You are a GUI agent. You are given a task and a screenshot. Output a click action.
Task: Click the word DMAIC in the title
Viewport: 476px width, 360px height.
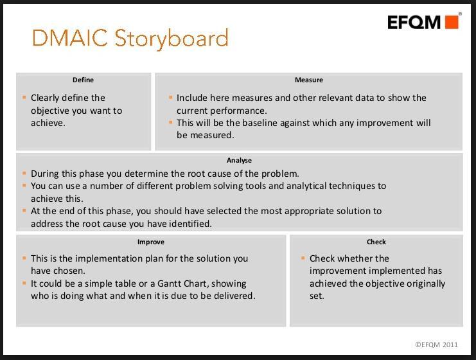click(x=69, y=38)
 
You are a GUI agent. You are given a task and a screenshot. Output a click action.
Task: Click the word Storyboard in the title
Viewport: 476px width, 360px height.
click(x=172, y=39)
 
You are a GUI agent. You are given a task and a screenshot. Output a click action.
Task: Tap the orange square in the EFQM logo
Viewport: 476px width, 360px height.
click(x=452, y=22)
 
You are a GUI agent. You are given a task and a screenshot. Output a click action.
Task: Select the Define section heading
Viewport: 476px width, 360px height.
click(x=83, y=80)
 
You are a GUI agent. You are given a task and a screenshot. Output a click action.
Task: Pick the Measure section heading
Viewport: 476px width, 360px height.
click(x=309, y=80)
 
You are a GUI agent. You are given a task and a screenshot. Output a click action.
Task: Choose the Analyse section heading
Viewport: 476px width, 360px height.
click(x=239, y=161)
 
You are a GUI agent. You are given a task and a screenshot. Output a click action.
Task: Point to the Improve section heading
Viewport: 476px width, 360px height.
click(x=151, y=242)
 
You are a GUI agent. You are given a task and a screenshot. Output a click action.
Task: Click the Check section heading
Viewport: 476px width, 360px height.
click(x=376, y=242)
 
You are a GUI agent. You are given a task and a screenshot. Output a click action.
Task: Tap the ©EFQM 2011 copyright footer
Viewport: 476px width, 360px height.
click(x=436, y=345)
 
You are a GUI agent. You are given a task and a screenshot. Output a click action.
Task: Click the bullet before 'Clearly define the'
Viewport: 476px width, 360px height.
click(x=24, y=97)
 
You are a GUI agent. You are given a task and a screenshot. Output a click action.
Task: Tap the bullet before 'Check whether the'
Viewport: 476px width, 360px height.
click(x=303, y=258)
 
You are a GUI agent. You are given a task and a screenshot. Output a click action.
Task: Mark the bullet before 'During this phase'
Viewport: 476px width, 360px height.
click(x=24, y=173)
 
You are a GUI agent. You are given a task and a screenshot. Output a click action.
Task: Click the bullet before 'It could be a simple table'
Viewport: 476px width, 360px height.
click(x=24, y=283)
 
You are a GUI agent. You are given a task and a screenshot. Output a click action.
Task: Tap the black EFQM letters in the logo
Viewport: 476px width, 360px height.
click(x=414, y=22)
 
